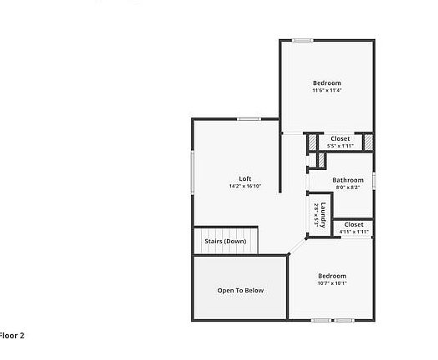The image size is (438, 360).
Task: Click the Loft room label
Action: click(x=245, y=178)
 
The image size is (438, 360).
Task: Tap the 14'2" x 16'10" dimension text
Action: click(x=245, y=186)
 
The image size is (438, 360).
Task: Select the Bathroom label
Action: click(x=348, y=180)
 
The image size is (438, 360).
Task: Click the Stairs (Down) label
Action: click(x=226, y=241)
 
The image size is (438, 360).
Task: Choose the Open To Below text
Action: click(x=240, y=291)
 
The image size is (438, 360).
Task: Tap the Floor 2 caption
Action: click(x=12, y=336)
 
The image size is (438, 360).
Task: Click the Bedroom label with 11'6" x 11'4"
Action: click(x=327, y=82)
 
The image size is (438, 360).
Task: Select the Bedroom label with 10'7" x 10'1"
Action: click(x=332, y=276)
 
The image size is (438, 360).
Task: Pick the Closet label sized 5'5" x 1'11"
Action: click(x=340, y=138)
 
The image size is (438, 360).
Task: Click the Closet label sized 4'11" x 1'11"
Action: click(x=354, y=224)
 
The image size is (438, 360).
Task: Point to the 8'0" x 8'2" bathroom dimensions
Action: click(x=348, y=187)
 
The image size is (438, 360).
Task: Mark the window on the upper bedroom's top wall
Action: click(x=302, y=40)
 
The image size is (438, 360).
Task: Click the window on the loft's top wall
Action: click(x=248, y=118)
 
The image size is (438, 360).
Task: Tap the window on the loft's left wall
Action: click(x=193, y=173)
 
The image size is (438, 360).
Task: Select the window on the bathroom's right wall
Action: click(x=374, y=179)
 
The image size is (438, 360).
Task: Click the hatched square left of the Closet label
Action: click(x=313, y=142)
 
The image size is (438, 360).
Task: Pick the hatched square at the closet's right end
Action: click(x=367, y=142)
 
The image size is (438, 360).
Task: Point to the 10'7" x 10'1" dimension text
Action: click(x=332, y=283)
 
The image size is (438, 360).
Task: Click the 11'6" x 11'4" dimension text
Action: click(x=327, y=90)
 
